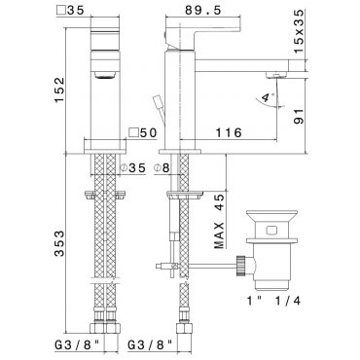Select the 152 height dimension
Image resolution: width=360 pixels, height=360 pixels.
[x=59, y=90]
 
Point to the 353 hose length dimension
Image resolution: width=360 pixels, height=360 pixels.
[x=59, y=243]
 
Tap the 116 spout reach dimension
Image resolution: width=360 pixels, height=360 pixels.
[x=229, y=132]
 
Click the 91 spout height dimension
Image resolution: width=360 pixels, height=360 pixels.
[x=299, y=116]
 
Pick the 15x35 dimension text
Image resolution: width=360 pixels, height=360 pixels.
[x=299, y=31]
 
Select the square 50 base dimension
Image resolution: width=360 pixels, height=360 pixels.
[x=143, y=132]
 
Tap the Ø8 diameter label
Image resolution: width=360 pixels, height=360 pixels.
[x=162, y=168]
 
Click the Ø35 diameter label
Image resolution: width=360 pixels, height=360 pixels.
[x=132, y=168]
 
